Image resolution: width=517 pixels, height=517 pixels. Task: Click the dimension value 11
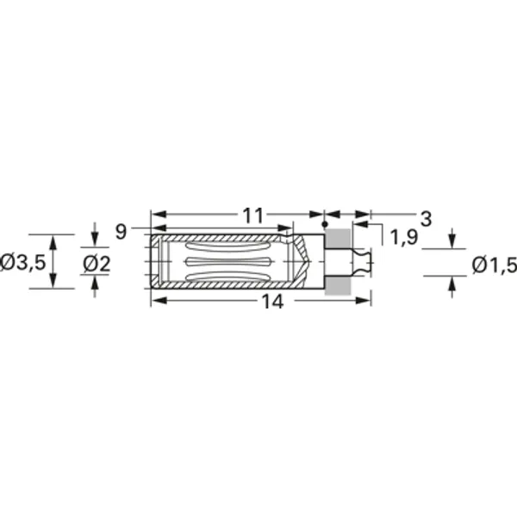[x=252, y=215]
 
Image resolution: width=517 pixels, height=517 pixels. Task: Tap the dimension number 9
[x=121, y=231]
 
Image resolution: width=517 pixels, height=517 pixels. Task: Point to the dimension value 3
[x=426, y=217]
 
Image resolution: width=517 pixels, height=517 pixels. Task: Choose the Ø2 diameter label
[x=96, y=263]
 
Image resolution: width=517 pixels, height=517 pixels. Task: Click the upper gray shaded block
[x=339, y=239]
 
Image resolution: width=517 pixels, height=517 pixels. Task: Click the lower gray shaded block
[x=339, y=284]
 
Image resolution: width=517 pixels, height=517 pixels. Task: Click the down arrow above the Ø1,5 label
[x=452, y=240]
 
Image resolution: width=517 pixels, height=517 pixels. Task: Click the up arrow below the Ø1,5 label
[x=452, y=285]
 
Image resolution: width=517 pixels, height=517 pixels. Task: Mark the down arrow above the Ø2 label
[x=94, y=237]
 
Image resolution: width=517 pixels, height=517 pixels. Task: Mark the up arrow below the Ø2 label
[x=94, y=285]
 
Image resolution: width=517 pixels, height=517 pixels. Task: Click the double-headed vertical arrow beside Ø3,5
[x=53, y=261]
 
